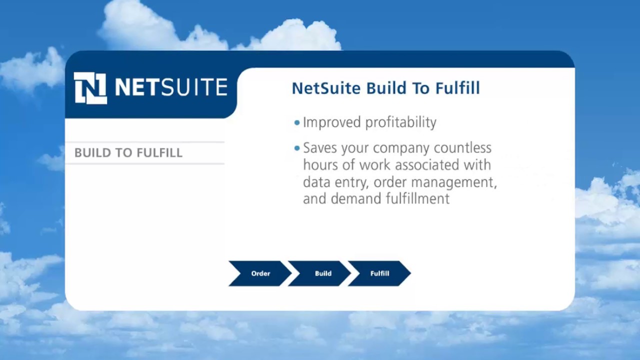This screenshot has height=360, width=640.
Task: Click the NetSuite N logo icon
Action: pyautogui.click(x=90, y=88)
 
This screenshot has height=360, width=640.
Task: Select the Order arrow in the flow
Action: pyautogui.click(x=260, y=273)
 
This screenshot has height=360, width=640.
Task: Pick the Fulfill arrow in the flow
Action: pyautogui.click(x=379, y=273)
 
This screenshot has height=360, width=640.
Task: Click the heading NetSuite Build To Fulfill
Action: pyautogui.click(x=385, y=88)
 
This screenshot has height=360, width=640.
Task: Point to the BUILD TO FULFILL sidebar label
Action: pyautogui.click(x=128, y=153)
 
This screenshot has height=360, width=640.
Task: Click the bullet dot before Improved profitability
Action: pyautogui.click(x=297, y=122)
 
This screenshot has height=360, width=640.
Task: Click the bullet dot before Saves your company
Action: pyautogui.click(x=297, y=148)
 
